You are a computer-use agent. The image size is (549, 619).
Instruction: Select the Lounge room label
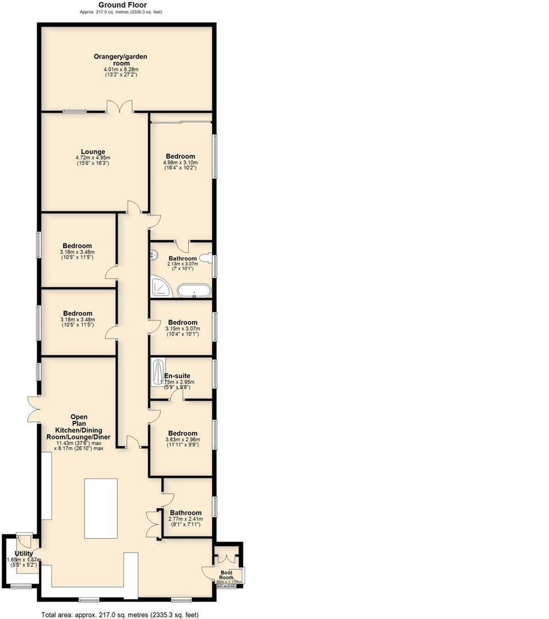[93, 152]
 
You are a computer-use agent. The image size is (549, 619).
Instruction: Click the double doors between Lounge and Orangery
[120, 107]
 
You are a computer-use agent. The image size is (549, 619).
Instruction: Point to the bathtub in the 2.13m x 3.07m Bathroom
[194, 291]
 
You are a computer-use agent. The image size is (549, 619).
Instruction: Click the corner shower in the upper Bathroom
[160, 287]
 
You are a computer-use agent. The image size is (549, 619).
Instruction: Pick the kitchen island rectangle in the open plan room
[101, 508]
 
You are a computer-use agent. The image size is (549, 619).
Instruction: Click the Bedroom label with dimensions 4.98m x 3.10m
[181, 156]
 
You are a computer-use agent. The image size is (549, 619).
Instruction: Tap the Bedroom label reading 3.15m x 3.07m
[182, 323]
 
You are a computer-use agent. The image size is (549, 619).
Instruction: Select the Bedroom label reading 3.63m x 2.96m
[182, 434]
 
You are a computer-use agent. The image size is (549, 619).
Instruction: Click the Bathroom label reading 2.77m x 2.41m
[185, 513]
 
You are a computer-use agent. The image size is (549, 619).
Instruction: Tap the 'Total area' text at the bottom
[119, 614]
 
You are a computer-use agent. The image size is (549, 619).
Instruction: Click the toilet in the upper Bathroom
[207, 259]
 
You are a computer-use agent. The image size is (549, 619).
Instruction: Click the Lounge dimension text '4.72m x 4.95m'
[93, 158]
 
